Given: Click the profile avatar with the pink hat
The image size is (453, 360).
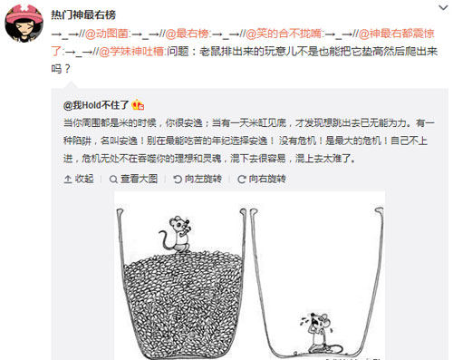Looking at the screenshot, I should tap(23, 20).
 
